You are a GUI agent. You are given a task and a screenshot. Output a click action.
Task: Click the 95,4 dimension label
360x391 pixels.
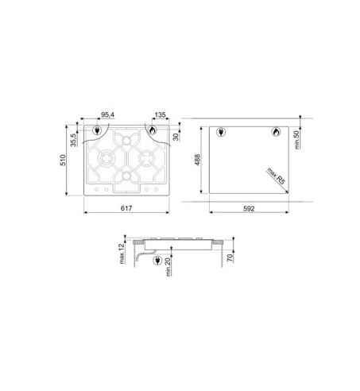[x=107, y=115]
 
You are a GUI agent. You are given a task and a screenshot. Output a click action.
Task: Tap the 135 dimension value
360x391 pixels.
[x=160, y=115]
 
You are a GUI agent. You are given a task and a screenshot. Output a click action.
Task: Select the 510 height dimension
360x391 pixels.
[x=63, y=161]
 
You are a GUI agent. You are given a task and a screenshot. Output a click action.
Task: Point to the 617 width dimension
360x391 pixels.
[x=126, y=208]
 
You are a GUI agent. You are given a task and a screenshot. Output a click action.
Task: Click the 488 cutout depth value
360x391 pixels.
[x=198, y=160]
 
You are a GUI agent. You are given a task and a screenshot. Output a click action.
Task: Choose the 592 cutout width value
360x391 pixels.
[x=249, y=209]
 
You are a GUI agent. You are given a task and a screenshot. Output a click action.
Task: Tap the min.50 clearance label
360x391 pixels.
[x=297, y=140]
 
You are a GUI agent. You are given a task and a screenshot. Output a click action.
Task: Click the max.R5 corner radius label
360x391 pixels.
[x=276, y=176]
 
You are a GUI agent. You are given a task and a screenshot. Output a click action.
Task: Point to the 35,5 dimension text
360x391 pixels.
[x=73, y=140]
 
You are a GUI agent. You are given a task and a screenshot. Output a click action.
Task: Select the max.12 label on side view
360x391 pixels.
[x=122, y=254]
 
